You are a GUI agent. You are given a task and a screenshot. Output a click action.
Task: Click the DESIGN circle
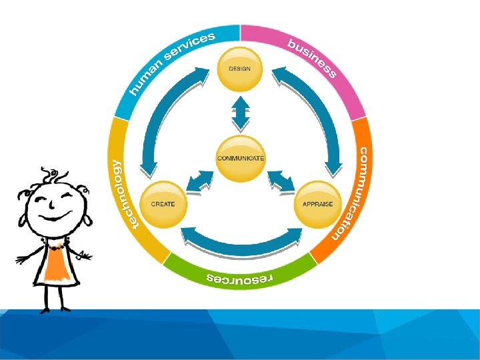click(240, 69)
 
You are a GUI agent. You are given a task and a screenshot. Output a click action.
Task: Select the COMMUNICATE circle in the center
click(241, 159)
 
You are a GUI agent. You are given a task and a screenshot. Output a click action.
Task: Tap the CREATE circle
click(163, 204)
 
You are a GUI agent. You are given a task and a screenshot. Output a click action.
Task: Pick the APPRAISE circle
click(317, 204)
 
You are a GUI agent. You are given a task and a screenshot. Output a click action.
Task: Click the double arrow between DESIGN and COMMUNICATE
click(241, 112)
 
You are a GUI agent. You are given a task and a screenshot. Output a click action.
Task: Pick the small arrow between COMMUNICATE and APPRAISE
click(280, 181)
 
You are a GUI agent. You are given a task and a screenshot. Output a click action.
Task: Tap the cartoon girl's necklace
click(53, 247)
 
